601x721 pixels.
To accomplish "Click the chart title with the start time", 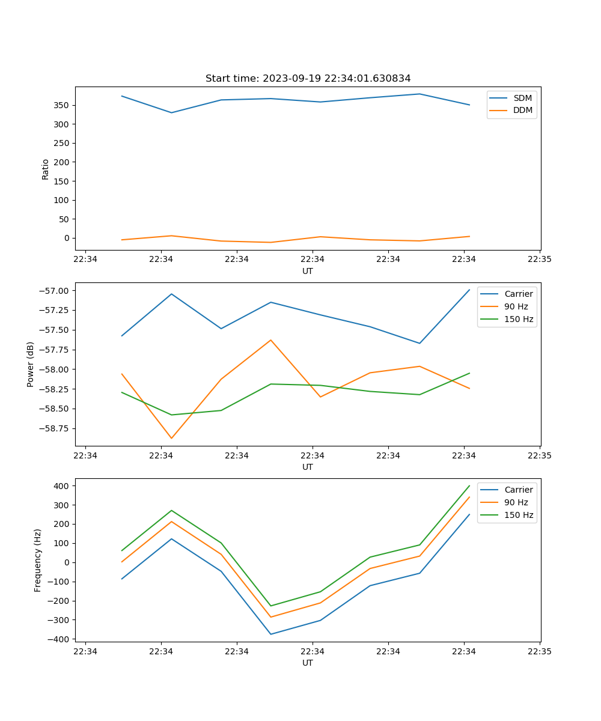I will click(x=308, y=79).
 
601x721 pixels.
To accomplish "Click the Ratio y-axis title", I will click(x=46, y=169).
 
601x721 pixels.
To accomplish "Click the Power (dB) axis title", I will click(x=31, y=364).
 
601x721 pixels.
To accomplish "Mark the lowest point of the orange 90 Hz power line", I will click(x=171, y=438).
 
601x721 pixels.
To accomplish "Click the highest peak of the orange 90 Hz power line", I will click(x=270, y=340).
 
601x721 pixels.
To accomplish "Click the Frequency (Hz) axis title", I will click(x=38, y=560).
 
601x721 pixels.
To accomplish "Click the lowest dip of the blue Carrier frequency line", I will click(x=270, y=634).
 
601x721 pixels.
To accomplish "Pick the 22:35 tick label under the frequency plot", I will click(x=540, y=651).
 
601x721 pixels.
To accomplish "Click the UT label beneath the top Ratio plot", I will click(x=308, y=271).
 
